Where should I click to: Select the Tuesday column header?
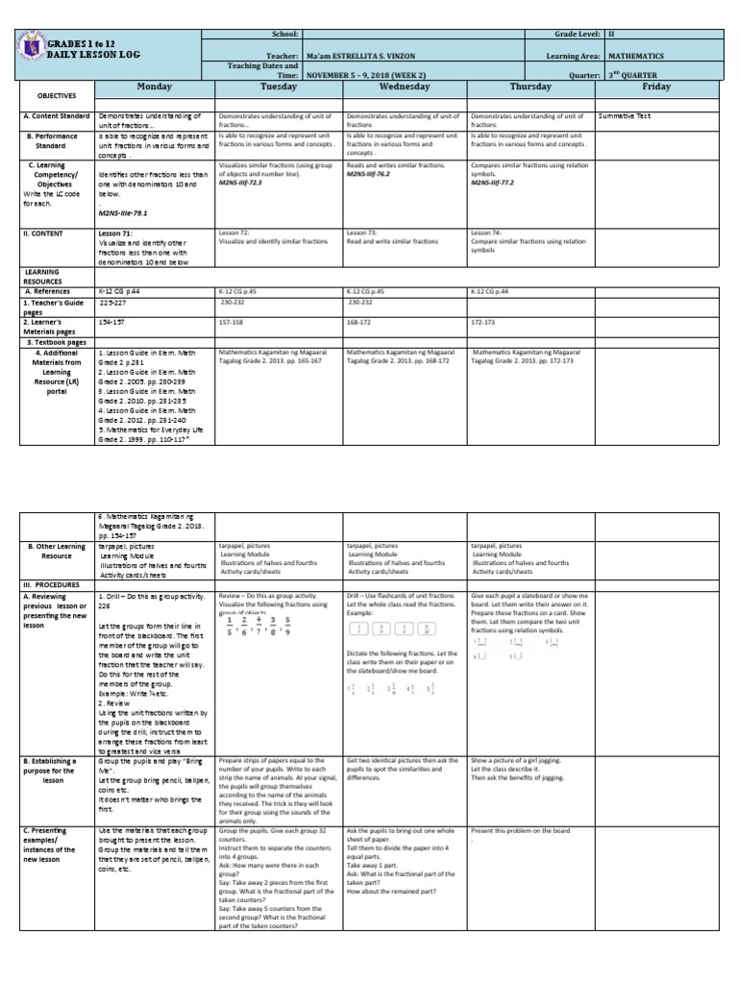279,86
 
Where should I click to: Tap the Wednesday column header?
404,86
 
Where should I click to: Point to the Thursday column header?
529,86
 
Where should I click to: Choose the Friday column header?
655,86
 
